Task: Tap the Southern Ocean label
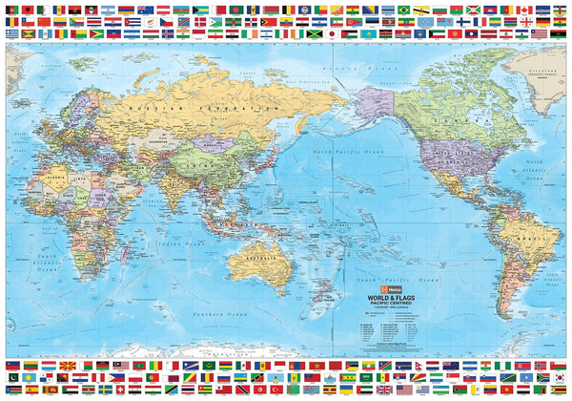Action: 219,313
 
